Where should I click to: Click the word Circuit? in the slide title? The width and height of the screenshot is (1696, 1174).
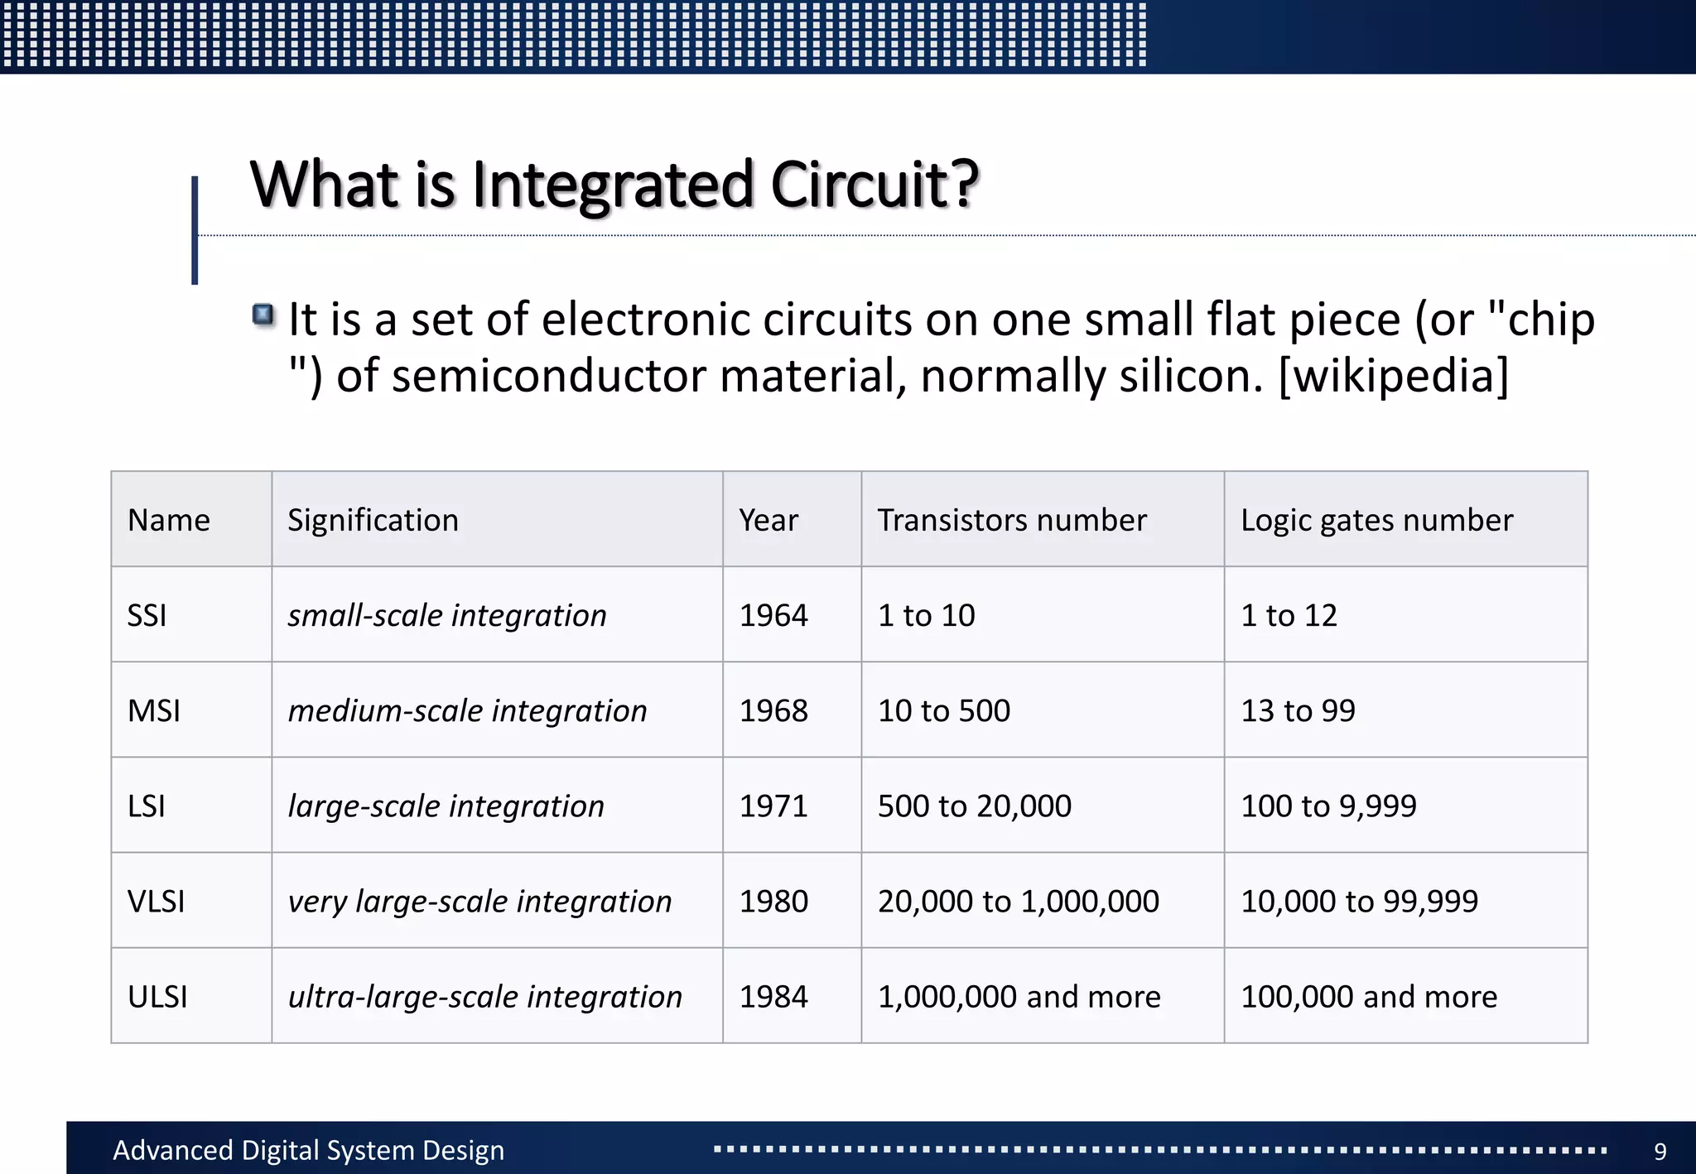[x=874, y=185]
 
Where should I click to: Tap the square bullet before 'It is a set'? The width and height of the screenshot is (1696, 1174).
[x=263, y=315]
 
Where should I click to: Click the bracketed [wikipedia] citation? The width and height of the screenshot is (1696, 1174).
[x=1394, y=376]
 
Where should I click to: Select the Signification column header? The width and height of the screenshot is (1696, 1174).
[x=373, y=521]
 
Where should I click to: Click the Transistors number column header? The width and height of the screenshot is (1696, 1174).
[x=1012, y=521]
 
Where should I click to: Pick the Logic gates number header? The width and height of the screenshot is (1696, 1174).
[x=1376, y=521]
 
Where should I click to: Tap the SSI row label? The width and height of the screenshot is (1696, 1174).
[x=147, y=616]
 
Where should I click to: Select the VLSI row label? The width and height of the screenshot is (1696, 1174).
[x=157, y=902]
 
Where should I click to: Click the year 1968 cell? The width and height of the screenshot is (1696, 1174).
[x=773, y=711]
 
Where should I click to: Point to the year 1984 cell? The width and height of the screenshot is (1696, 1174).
[x=773, y=997]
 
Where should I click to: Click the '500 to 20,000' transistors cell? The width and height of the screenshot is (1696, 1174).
[x=975, y=806]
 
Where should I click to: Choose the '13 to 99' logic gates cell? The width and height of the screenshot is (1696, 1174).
[x=1298, y=711]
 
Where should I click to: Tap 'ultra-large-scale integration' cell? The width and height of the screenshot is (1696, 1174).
[x=485, y=997]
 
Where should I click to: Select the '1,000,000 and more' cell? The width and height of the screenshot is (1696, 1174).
[x=1019, y=997]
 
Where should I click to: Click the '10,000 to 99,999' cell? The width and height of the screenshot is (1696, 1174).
[x=1359, y=902]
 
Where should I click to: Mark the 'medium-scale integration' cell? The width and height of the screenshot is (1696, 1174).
[x=467, y=711]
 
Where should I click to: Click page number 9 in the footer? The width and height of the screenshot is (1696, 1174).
[x=1660, y=1152]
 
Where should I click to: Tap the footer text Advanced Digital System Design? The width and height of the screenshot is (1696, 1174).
[x=308, y=1151]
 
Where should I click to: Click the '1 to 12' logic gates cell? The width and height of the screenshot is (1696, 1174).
[x=1289, y=616]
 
